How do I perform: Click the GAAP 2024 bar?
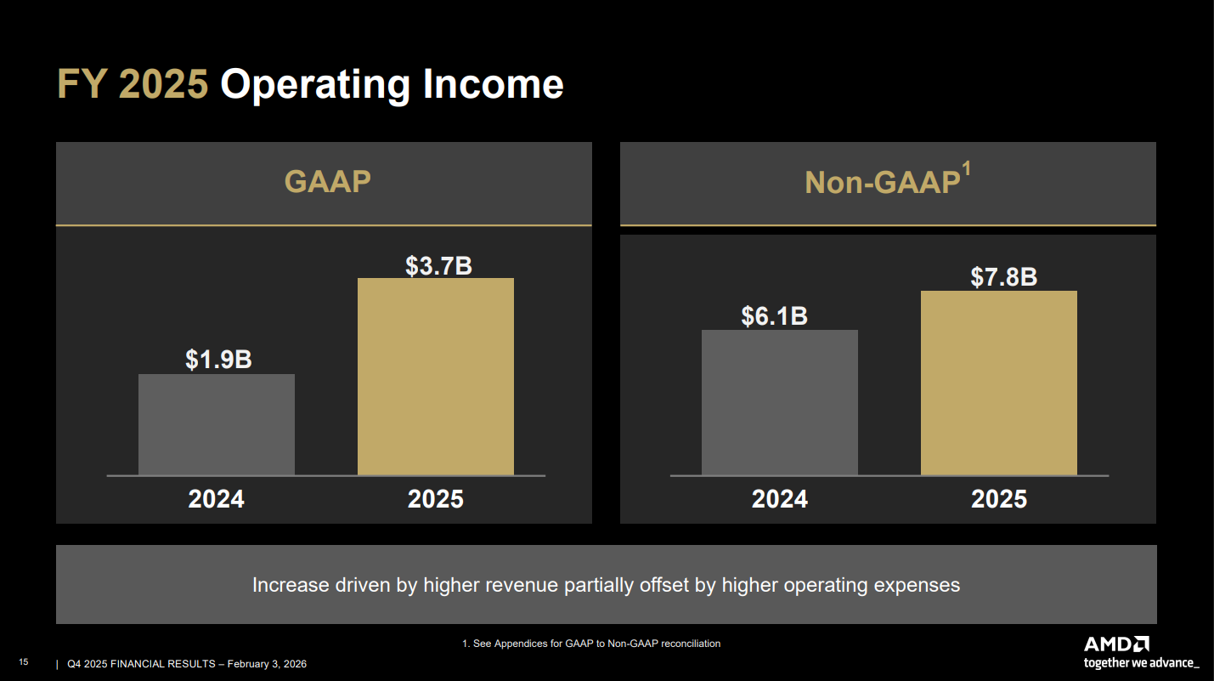point(217,424)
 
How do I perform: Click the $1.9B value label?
point(218,360)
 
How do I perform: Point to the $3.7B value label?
point(438,265)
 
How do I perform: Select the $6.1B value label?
point(774,316)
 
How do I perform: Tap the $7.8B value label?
point(1003,277)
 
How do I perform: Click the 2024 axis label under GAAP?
point(216,498)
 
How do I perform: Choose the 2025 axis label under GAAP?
point(435,498)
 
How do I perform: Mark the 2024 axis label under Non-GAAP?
point(779,498)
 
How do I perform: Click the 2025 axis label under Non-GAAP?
point(998,498)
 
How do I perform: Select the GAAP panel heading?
point(327,182)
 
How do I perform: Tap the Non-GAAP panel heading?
point(882,183)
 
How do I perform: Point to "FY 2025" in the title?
point(133,85)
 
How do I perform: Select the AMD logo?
point(1116,644)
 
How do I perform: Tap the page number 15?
point(24,662)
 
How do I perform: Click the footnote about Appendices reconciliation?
point(591,644)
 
